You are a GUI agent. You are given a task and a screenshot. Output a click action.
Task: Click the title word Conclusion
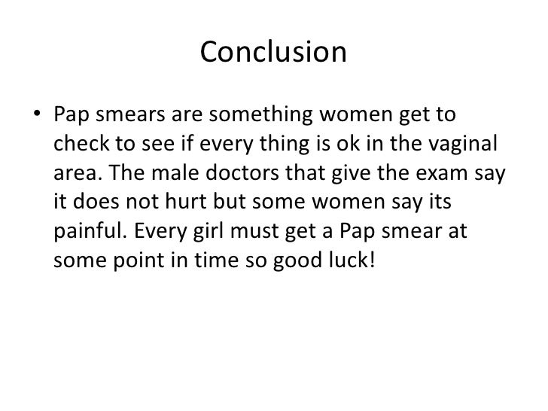[x=273, y=52]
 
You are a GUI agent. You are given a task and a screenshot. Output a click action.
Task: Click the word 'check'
[x=78, y=145]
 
